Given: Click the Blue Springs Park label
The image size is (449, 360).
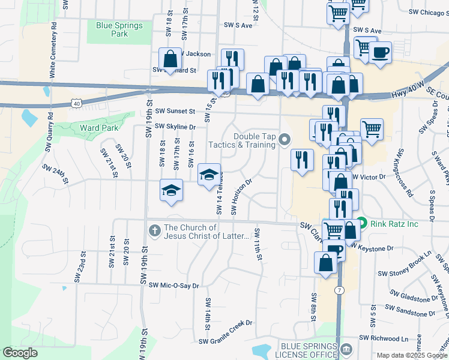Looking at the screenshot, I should point(119,29).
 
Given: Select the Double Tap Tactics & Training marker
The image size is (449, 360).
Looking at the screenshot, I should point(285,140).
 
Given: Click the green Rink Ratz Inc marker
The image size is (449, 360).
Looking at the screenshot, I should point(361,223).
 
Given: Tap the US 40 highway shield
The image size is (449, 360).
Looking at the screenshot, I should point(76,104).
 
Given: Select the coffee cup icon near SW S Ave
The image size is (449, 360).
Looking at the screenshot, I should point(380,53).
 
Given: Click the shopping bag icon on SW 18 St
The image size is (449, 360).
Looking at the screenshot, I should point(170,59).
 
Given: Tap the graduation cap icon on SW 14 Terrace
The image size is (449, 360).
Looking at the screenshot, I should point(209,175).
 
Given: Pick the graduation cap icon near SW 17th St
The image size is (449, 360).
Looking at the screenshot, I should point(171,191).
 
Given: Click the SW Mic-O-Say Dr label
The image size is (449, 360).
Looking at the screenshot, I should point(173,286).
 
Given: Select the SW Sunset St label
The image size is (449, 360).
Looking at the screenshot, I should point(175,111).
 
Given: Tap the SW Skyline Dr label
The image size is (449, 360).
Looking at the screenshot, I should point(175,127).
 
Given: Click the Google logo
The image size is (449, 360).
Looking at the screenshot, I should point(20,353).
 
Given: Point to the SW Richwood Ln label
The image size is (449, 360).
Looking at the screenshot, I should point(388,338).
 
